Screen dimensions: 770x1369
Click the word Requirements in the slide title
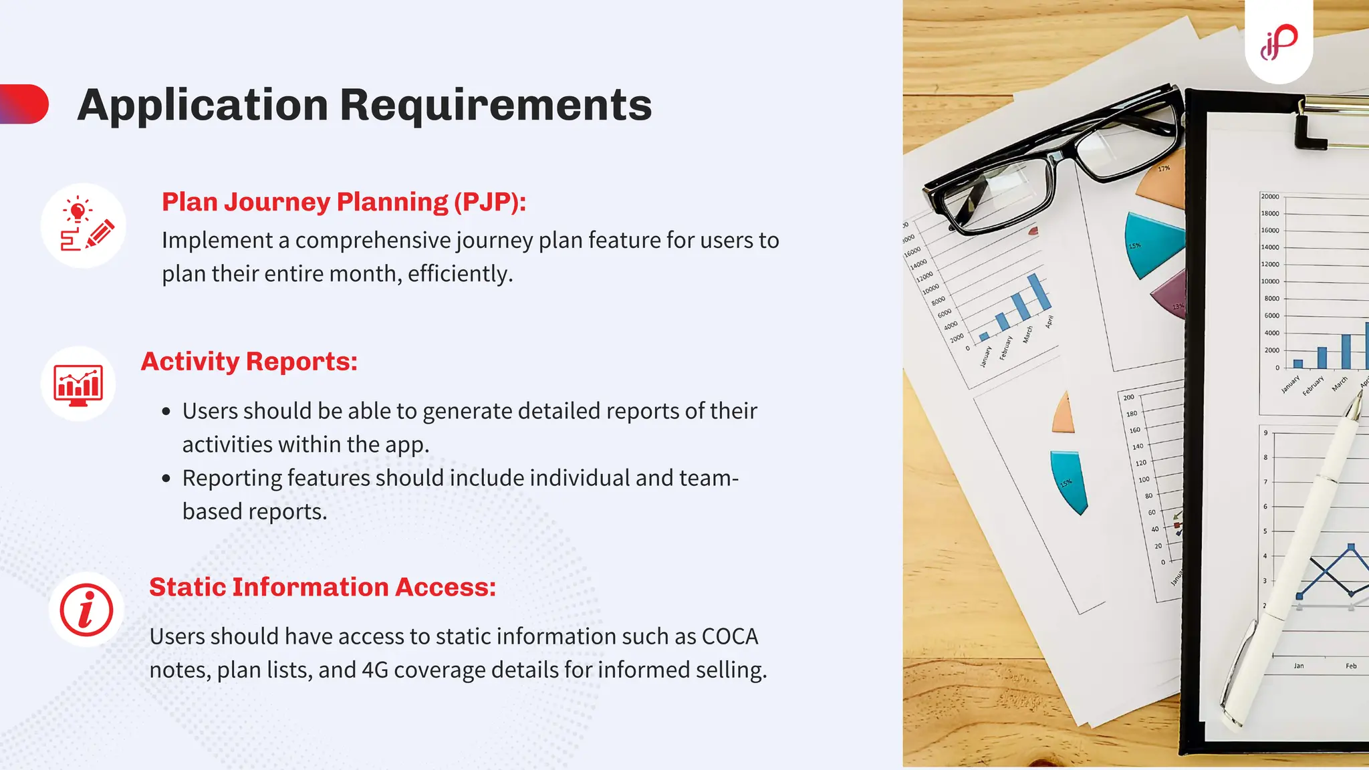pyautogui.click(x=495, y=105)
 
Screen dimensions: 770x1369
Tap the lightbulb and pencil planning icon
pyautogui.click(x=84, y=226)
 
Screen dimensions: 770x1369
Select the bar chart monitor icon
pyautogui.click(x=78, y=384)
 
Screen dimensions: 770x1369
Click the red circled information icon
pyautogui.click(x=86, y=610)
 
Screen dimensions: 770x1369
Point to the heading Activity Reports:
pyautogui.click(x=249, y=362)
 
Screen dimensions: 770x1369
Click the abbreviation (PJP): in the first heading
pyautogui.click(x=490, y=202)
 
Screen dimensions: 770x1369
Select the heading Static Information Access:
pyautogui.click(x=322, y=587)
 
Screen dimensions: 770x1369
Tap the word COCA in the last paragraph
pyautogui.click(x=729, y=636)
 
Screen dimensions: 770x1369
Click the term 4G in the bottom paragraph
pyautogui.click(x=374, y=670)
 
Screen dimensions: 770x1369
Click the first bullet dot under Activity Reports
pyautogui.click(x=166, y=412)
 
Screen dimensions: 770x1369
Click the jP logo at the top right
pyautogui.click(x=1279, y=42)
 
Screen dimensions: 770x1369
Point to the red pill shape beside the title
pyautogui.click(x=25, y=104)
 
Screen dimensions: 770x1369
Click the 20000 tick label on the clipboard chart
pyautogui.click(x=1269, y=197)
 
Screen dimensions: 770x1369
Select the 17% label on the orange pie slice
pyautogui.click(x=1164, y=168)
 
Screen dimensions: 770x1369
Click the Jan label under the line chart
pyautogui.click(x=1298, y=666)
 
